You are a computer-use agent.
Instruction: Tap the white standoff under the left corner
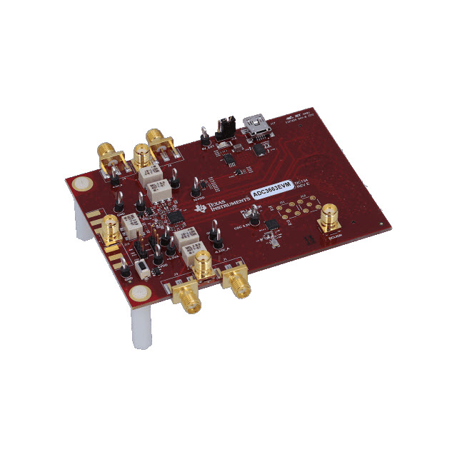77,214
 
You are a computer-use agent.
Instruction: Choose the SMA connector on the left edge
110,228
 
